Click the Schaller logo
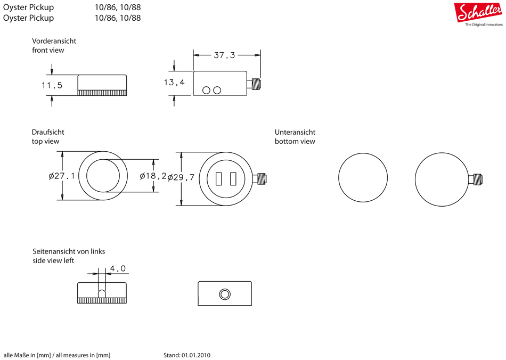[478, 13]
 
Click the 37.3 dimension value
[225, 55]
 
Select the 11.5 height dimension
[52, 86]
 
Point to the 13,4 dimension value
[174, 83]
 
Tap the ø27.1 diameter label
[62, 176]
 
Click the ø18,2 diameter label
[153, 176]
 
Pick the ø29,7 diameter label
[181, 177]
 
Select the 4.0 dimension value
[118, 268]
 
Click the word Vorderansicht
[54, 41]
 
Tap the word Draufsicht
[48, 132]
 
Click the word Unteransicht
[295, 132]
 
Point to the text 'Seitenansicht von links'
[69, 251]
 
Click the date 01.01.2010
[196, 355]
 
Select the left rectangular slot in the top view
[219, 179]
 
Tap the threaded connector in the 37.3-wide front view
[254, 85]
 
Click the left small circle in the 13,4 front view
[206, 91]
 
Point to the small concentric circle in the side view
[225, 294]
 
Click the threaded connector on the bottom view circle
[475, 179]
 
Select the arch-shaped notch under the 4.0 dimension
[102, 293]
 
